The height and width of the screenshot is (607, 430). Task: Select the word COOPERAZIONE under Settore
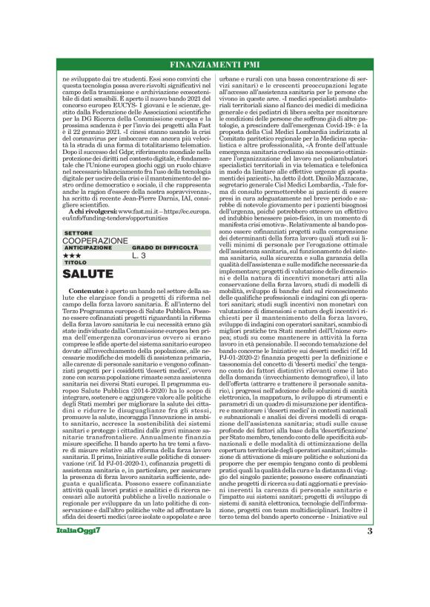[x=96, y=241]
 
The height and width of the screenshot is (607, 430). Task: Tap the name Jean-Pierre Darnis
[x=147, y=196]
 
